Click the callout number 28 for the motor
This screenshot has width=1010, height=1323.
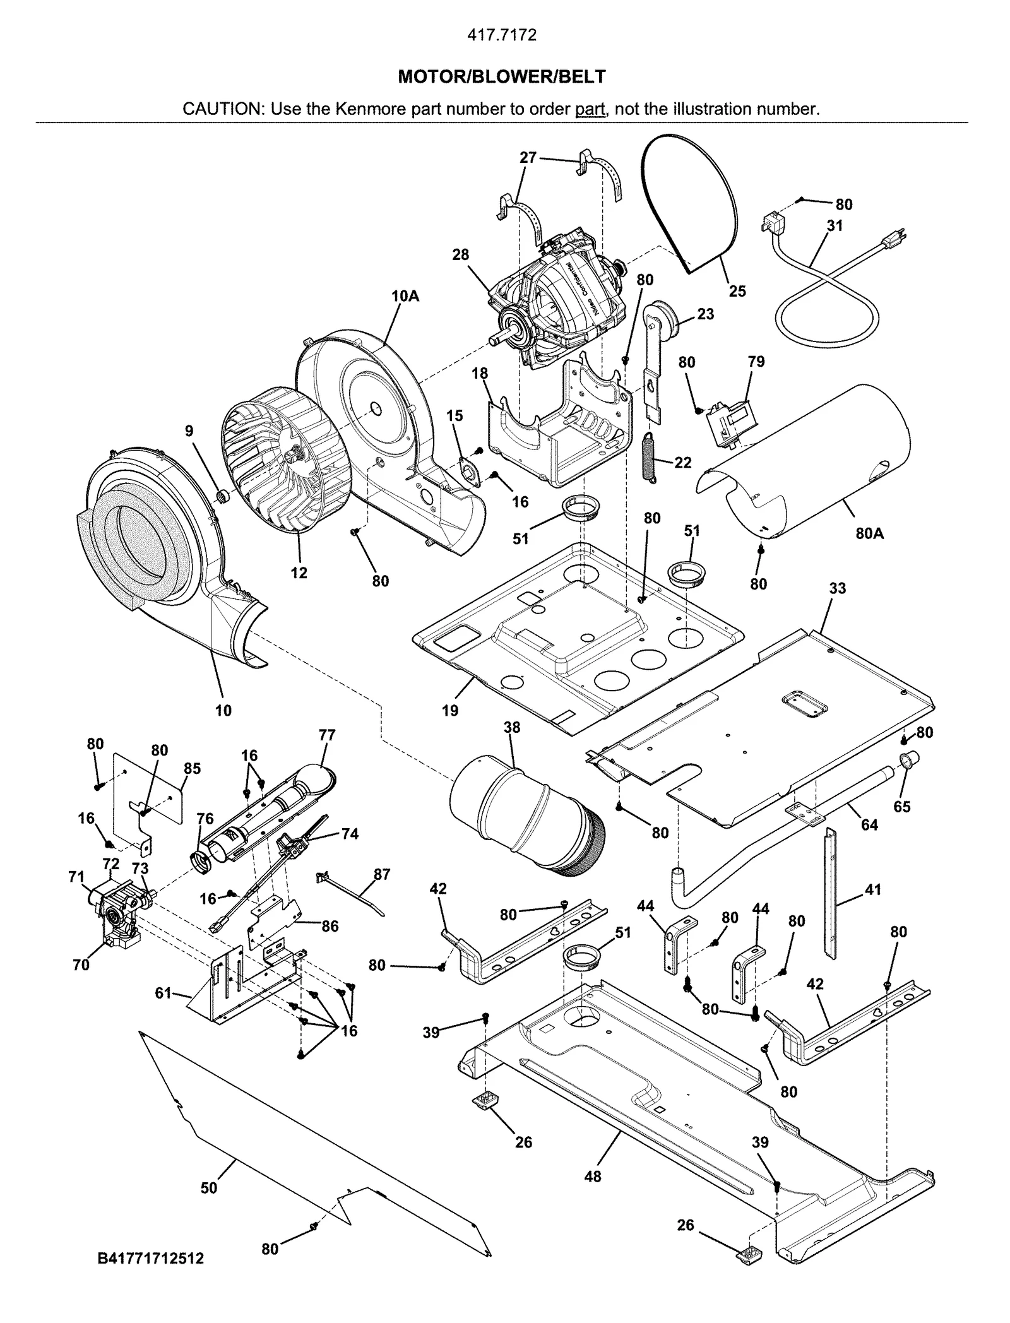pos(460,254)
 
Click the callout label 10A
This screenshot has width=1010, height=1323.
pos(405,295)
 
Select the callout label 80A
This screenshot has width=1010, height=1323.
pos(869,533)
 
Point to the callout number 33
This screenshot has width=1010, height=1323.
pos(837,588)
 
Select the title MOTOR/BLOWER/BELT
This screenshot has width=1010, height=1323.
pos(502,77)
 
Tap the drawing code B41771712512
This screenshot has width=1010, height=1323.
pos(151,1276)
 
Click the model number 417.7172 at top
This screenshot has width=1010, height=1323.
pos(502,35)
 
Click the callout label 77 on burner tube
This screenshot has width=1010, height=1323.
pos(327,735)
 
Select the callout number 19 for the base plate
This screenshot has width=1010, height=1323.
pos(450,711)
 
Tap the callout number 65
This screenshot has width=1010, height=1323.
pos(902,807)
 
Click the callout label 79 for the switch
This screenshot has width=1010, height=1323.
pos(756,362)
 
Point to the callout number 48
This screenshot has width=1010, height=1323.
pos(592,1177)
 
